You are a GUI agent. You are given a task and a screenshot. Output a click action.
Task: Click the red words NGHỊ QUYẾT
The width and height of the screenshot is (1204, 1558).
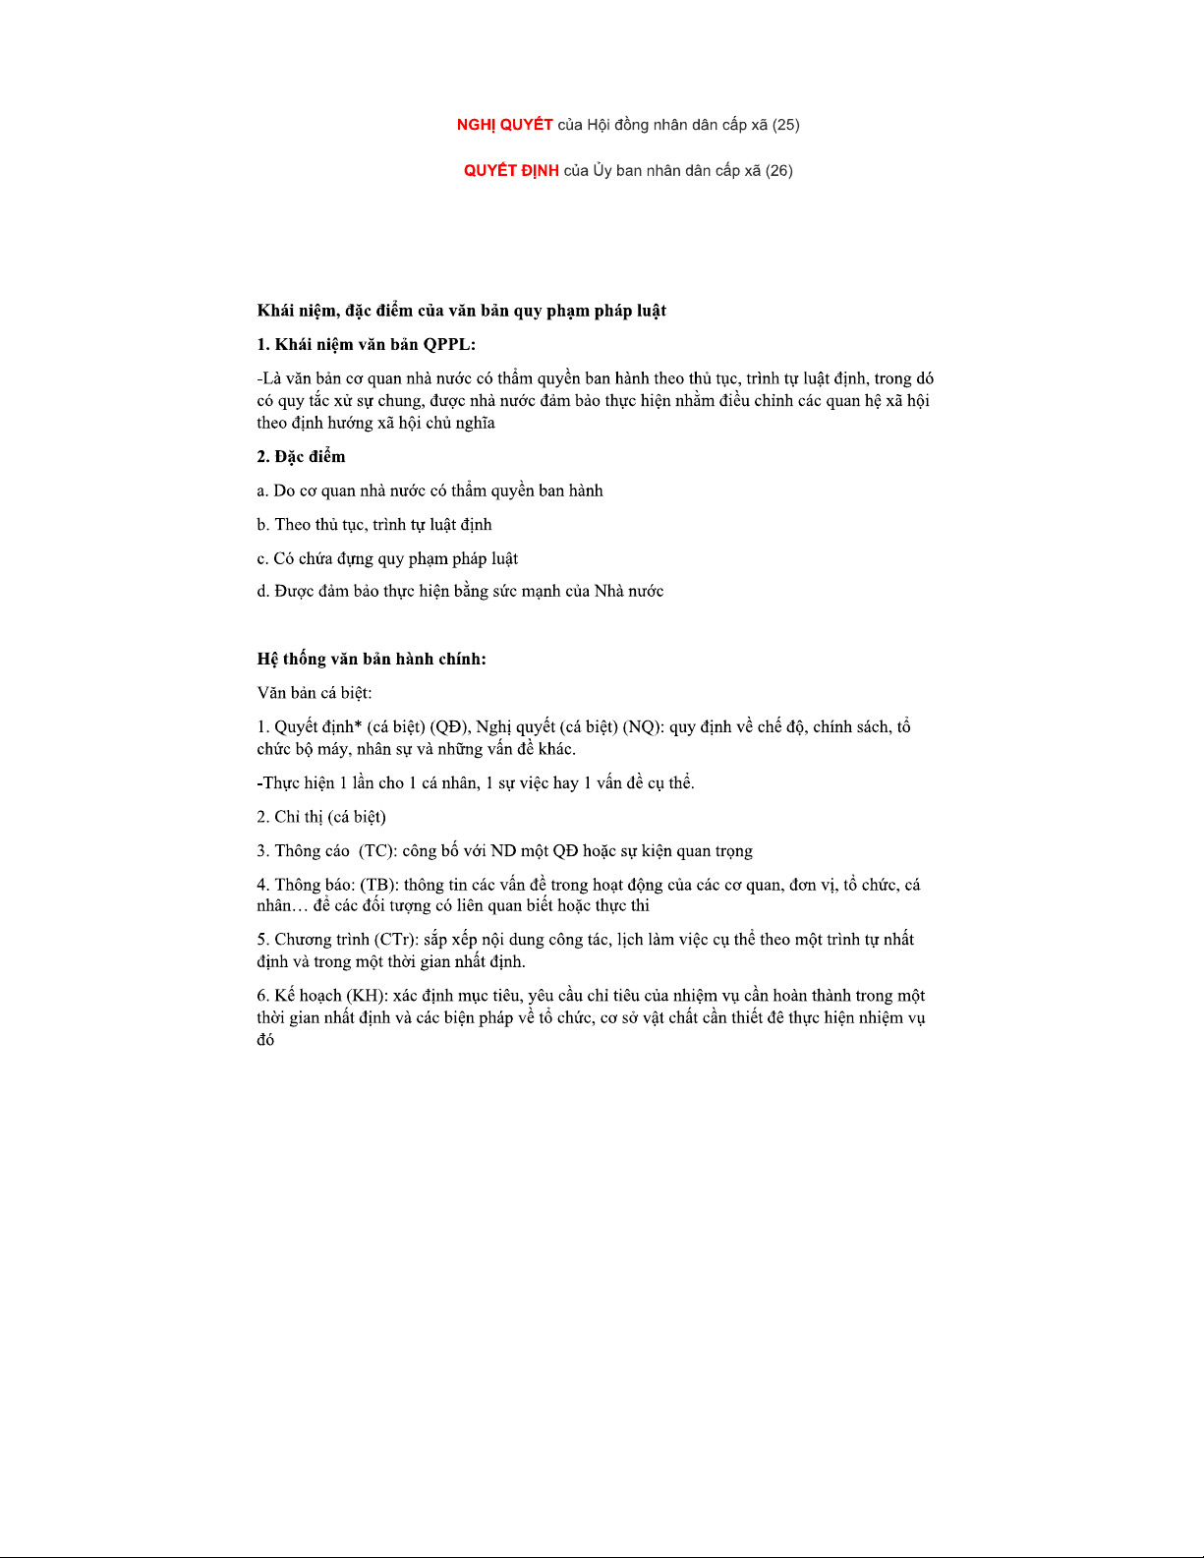(x=504, y=125)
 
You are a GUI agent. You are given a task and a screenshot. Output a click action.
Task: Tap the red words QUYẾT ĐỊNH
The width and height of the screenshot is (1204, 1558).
(x=511, y=171)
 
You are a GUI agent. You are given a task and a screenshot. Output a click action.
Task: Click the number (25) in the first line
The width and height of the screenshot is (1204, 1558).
(x=785, y=125)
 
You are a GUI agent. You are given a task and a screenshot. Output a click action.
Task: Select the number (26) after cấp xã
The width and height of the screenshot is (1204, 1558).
(x=778, y=171)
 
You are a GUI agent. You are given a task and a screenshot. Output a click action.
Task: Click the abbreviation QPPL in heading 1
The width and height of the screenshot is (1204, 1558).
(x=448, y=344)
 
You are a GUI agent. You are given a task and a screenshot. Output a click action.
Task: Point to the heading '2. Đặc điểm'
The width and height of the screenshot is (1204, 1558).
(x=301, y=457)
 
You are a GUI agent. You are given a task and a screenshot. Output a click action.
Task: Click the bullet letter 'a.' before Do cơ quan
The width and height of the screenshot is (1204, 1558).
(x=262, y=491)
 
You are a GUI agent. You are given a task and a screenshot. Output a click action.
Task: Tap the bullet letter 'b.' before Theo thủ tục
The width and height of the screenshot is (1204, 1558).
(x=262, y=525)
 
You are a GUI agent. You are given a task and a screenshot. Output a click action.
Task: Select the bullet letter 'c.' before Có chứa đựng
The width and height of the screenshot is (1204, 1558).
(x=262, y=559)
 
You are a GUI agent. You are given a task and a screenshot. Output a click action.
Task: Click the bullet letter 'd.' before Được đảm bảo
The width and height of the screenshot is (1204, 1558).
(x=262, y=592)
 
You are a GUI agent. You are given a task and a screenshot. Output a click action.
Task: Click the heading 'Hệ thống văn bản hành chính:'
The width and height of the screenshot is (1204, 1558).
(x=372, y=660)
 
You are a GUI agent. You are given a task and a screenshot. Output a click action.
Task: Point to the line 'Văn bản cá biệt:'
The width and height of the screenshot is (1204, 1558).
(x=315, y=693)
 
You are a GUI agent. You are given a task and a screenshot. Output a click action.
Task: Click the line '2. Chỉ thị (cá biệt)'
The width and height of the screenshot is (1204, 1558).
(x=321, y=818)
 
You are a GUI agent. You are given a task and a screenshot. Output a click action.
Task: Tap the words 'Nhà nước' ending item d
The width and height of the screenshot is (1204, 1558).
(x=628, y=592)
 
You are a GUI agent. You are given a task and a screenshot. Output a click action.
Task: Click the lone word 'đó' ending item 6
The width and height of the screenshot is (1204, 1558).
(x=265, y=1040)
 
